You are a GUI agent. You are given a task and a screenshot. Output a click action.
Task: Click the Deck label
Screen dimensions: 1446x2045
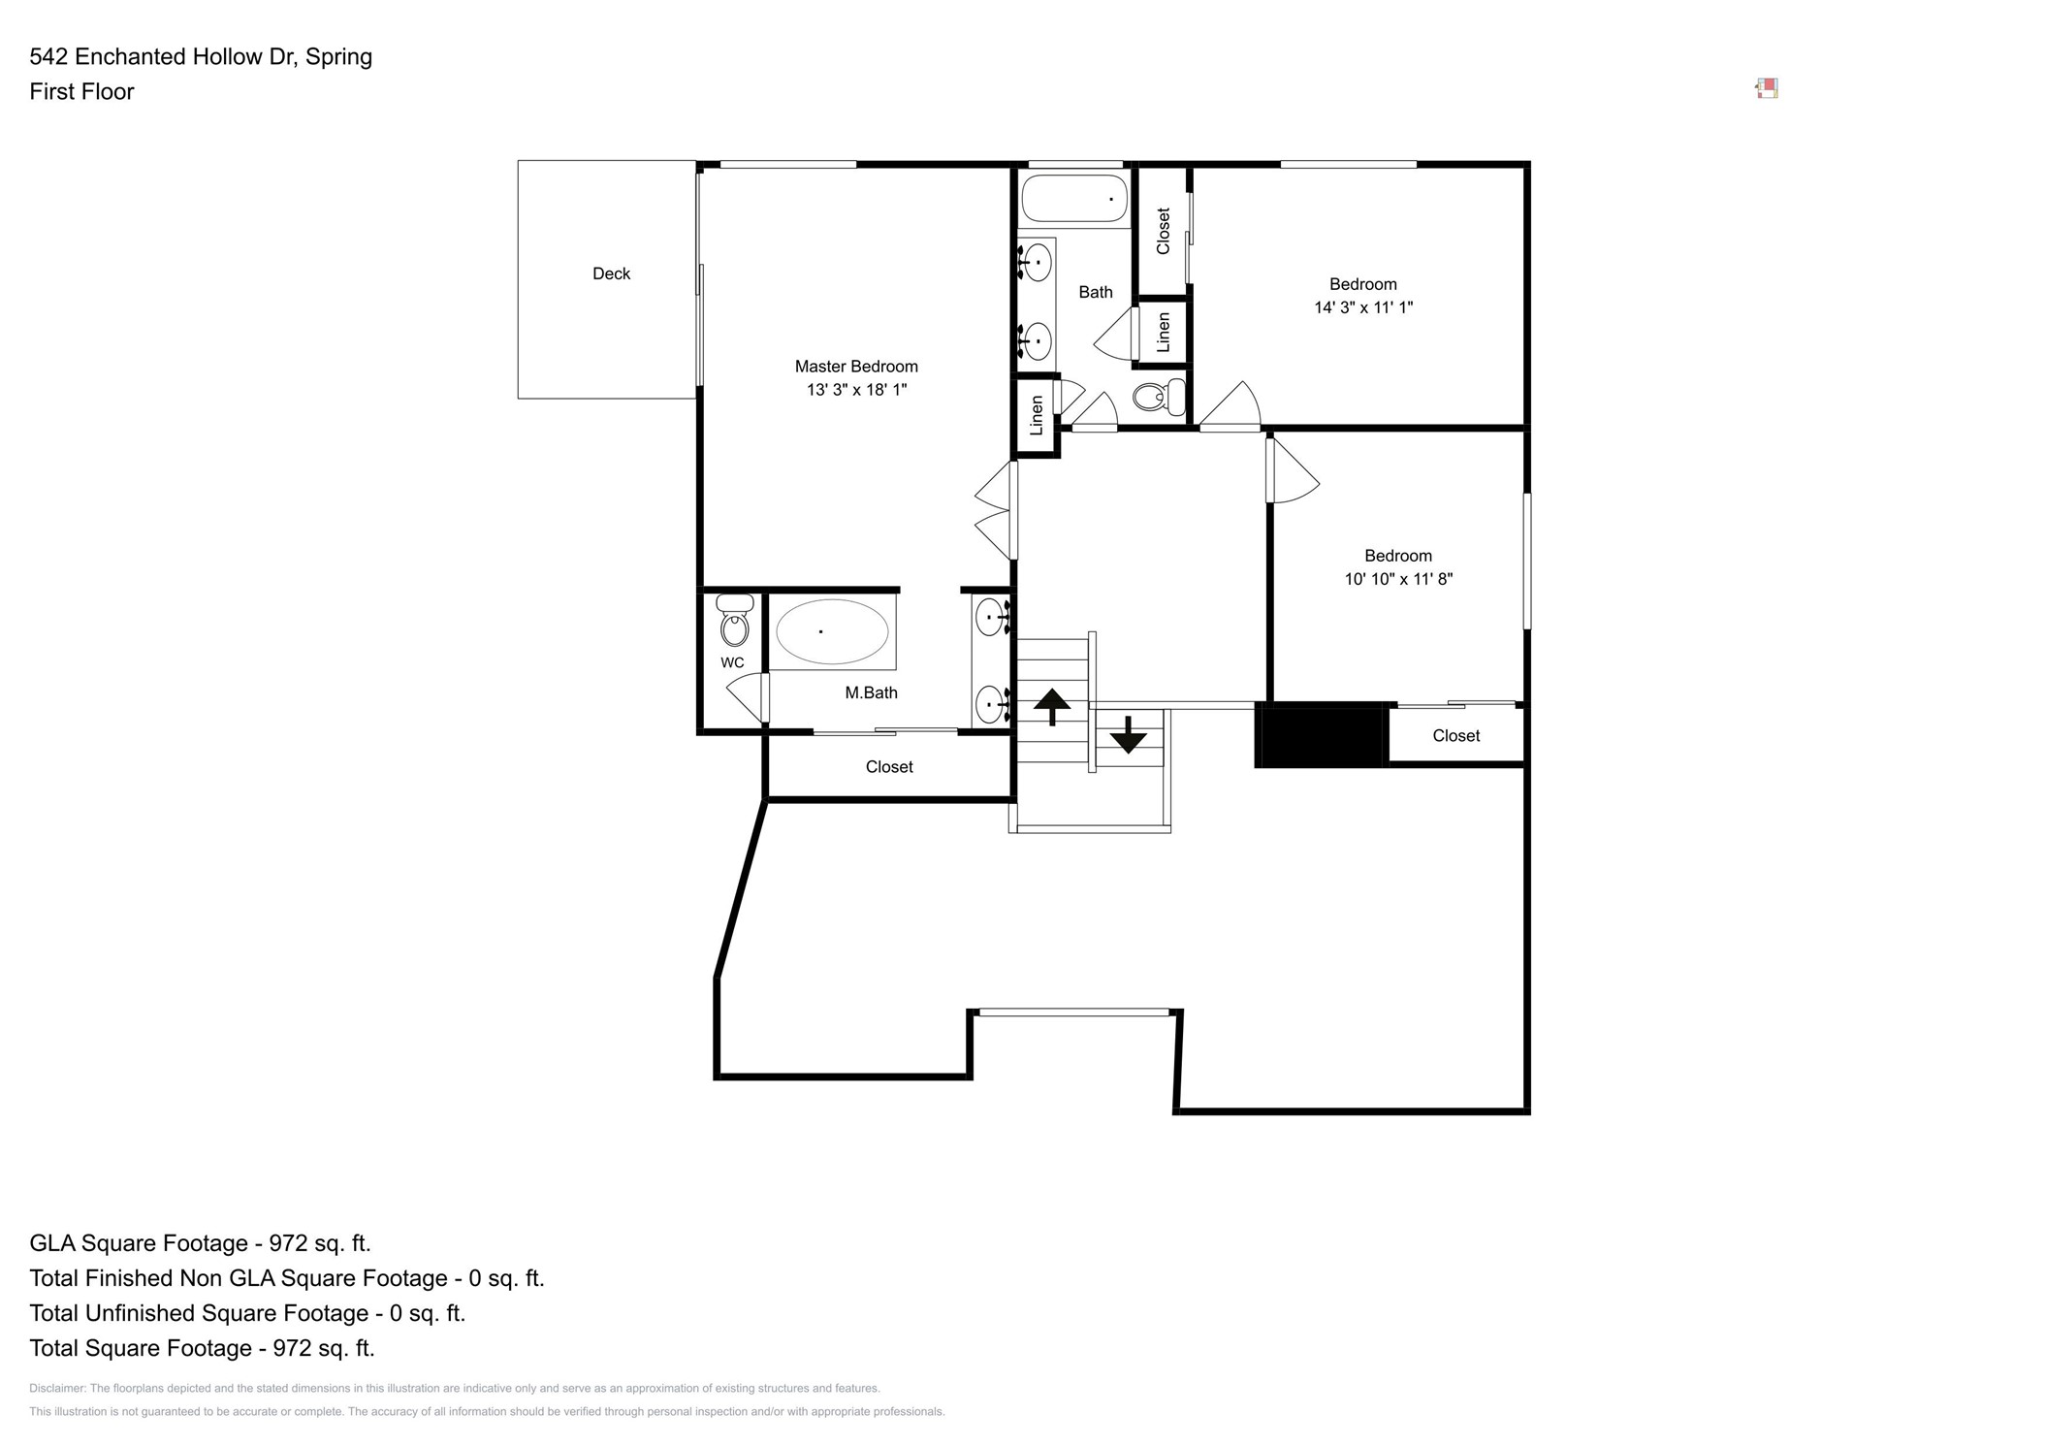point(611,273)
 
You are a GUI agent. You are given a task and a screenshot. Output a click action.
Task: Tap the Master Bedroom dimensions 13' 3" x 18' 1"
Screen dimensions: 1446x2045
point(856,390)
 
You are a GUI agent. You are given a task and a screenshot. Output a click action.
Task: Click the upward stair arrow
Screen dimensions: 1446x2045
point(1051,706)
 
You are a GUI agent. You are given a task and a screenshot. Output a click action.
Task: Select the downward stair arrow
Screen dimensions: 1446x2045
point(1128,734)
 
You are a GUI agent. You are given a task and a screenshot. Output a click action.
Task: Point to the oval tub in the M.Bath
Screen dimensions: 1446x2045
point(831,632)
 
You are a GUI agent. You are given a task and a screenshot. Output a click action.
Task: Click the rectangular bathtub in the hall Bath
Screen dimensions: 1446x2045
point(1073,199)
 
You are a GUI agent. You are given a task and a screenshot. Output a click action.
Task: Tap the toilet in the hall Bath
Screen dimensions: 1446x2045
point(1158,397)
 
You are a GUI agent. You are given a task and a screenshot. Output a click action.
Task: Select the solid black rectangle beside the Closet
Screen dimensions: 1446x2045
point(1321,736)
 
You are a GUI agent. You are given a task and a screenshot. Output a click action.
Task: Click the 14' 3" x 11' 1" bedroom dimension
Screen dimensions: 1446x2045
point(1362,307)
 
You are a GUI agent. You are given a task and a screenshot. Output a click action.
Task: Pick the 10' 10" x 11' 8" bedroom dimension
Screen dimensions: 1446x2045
point(1397,579)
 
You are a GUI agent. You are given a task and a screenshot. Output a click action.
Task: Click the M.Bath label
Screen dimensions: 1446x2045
point(871,692)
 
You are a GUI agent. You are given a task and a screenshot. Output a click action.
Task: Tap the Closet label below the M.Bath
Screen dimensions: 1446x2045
point(888,767)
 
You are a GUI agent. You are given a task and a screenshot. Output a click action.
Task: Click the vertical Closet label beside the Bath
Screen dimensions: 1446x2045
point(1163,231)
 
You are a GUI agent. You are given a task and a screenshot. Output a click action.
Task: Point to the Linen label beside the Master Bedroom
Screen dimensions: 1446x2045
point(1036,415)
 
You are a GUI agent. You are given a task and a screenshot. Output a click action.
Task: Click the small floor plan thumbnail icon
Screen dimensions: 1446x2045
point(1766,89)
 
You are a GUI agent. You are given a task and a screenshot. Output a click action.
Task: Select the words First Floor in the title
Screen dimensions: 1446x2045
point(81,92)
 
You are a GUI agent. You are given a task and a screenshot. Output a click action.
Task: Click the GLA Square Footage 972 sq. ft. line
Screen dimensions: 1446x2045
point(200,1243)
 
